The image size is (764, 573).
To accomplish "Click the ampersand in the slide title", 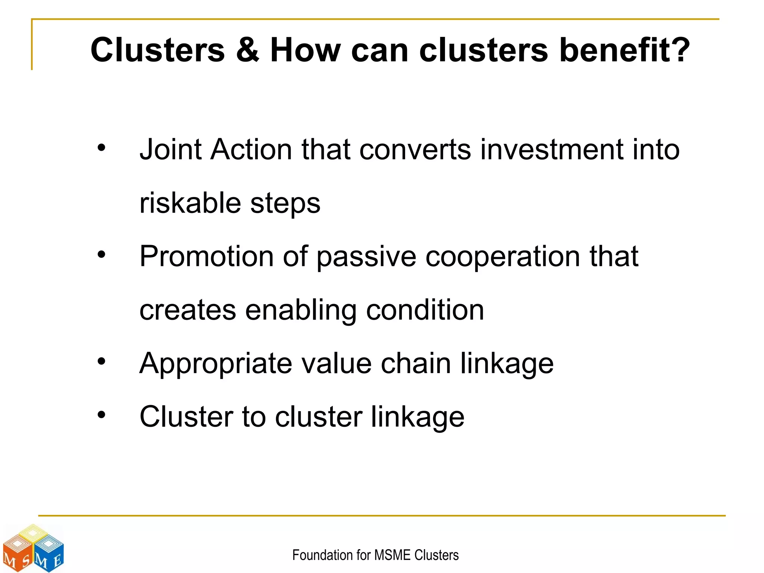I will pyautogui.click(x=247, y=50).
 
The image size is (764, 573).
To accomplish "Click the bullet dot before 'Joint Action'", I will pyautogui.click(x=101, y=148).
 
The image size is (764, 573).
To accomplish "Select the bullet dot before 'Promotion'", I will pyautogui.click(x=101, y=255).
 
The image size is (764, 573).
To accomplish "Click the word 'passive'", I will pyautogui.click(x=366, y=257).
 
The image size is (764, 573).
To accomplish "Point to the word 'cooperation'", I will pyautogui.click(x=502, y=257).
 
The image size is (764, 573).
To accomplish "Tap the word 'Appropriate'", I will pyautogui.click(x=216, y=364).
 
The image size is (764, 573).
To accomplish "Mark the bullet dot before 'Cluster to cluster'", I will pyautogui.click(x=101, y=415).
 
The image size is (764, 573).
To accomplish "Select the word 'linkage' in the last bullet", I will pyautogui.click(x=417, y=417).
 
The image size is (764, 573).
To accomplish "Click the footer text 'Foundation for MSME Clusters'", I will pyautogui.click(x=375, y=555).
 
